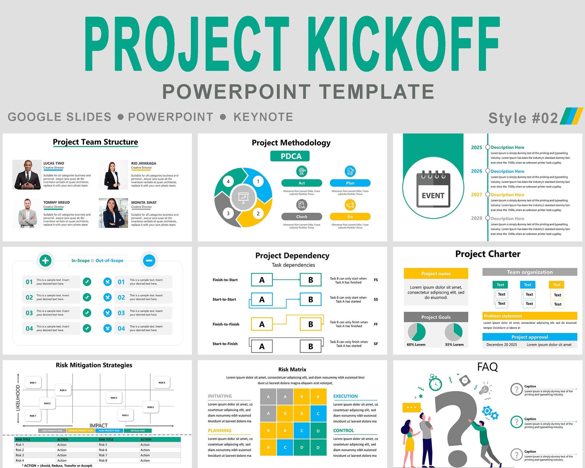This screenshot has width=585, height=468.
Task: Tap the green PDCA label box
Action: (x=290, y=156)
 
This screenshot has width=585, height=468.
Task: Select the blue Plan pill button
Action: (x=350, y=183)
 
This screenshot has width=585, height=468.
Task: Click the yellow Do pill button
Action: (x=350, y=217)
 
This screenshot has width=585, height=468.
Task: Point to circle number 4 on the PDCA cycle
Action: (x=228, y=181)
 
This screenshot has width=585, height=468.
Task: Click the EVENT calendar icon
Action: (x=433, y=189)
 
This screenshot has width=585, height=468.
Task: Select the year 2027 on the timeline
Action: (x=476, y=195)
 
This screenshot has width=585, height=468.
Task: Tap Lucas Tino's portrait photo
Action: (x=27, y=175)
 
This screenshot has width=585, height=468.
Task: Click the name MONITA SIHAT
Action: (x=144, y=202)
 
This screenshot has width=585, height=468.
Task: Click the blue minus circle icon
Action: (x=149, y=261)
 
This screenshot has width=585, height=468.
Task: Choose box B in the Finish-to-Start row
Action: (x=311, y=280)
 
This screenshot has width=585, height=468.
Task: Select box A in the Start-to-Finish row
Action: (x=262, y=346)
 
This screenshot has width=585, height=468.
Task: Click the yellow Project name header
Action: (x=436, y=273)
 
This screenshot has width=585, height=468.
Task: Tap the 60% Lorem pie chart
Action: (x=417, y=332)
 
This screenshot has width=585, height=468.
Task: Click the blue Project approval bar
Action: (x=529, y=337)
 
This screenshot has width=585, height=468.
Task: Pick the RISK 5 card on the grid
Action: (x=114, y=398)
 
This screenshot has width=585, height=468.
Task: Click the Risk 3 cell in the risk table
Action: (x=20, y=455)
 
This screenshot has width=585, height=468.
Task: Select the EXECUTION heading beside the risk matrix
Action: (x=345, y=396)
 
